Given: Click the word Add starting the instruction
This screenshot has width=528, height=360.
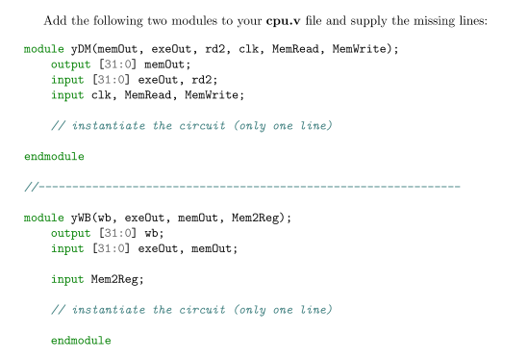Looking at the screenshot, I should [x=54, y=16].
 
